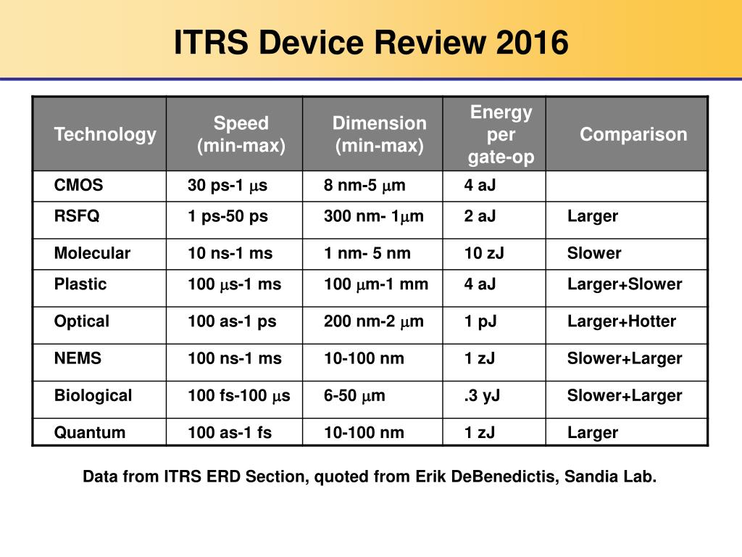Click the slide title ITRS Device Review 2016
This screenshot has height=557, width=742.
point(371,42)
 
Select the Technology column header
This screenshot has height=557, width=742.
point(105,134)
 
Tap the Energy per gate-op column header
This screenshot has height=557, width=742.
point(501,134)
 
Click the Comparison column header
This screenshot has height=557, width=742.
point(633,134)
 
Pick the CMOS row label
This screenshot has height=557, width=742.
point(78,185)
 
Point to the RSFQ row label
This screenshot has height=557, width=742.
point(77,216)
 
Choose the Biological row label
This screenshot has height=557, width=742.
point(93,395)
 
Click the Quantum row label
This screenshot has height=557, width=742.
point(90,432)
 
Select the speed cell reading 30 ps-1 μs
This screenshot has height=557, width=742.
point(228,185)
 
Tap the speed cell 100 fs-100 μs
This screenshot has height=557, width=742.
point(239,395)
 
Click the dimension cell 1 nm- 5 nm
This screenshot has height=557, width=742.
point(367,253)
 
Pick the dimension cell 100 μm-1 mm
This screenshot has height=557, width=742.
point(376,284)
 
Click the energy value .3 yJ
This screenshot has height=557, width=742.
point(482,396)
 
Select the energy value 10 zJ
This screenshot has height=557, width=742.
point(484,253)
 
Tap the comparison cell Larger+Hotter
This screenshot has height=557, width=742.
point(622,321)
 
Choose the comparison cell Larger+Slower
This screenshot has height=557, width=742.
point(625,284)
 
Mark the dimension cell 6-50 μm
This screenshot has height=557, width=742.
point(354,395)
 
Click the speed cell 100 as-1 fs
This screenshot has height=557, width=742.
point(230,432)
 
